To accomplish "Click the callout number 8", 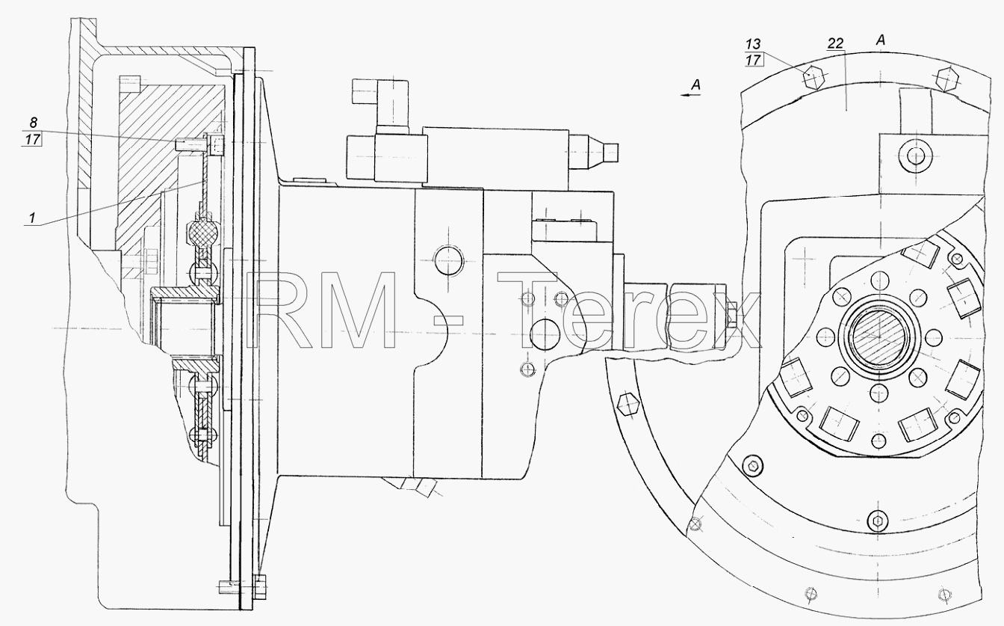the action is point(33,123).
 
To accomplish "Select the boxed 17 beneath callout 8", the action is point(32,140).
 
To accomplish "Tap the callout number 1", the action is point(32,218).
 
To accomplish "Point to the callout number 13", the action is point(753,44).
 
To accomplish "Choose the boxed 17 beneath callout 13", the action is point(754,60).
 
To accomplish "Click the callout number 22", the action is point(835,43).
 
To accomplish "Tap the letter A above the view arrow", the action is point(695,85).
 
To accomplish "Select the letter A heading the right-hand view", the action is point(881,40).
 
